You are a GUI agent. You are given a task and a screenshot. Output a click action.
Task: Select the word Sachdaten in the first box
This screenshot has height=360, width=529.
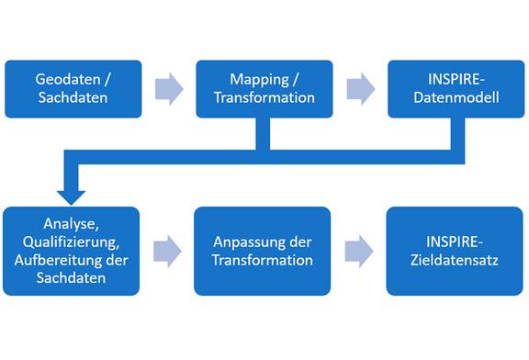pyautogui.click(x=73, y=97)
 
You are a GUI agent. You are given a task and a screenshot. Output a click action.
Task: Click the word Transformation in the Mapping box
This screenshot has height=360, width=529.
pyautogui.click(x=264, y=97)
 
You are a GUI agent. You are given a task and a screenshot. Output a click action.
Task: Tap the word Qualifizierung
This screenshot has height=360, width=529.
pyautogui.click(x=71, y=241)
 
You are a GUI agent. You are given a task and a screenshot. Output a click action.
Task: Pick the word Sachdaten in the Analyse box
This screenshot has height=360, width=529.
pyautogui.click(x=71, y=277)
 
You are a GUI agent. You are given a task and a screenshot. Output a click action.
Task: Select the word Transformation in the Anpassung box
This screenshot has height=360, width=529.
pyautogui.click(x=263, y=260)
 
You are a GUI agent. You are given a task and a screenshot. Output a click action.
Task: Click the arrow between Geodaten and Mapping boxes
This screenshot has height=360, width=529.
pyautogui.click(x=169, y=88)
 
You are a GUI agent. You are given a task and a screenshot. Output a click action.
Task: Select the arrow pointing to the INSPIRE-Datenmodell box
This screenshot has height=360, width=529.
pyautogui.click(x=360, y=88)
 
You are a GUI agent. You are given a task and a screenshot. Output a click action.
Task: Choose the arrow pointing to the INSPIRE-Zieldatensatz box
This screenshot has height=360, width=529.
pyautogui.click(x=359, y=251)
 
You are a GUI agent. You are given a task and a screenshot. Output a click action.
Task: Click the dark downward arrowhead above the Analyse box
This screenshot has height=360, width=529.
pyautogui.click(x=71, y=196)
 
